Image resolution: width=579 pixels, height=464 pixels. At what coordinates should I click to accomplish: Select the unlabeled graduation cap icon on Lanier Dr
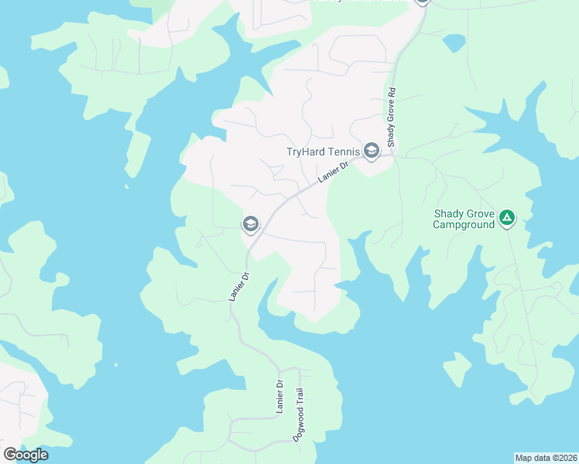tap(250, 225)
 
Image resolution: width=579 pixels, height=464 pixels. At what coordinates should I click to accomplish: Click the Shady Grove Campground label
tap(464, 220)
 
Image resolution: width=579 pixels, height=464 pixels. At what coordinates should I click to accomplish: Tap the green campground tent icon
tap(506, 219)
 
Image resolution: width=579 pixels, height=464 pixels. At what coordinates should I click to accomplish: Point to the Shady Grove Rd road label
tap(392, 118)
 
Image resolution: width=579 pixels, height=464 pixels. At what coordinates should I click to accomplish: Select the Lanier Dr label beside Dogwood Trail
tap(280, 397)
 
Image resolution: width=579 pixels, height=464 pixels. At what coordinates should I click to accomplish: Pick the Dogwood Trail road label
tap(297, 414)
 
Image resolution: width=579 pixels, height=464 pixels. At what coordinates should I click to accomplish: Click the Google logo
tap(26, 454)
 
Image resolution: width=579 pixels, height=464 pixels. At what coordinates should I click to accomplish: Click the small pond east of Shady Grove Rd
tap(454, 42)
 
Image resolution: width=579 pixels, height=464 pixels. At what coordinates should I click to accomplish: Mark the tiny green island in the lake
tap(457, 368)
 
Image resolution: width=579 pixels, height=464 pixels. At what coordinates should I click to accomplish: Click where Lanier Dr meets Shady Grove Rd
tap(392, 155)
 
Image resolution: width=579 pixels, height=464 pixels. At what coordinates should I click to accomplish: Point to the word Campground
tap(464, 225)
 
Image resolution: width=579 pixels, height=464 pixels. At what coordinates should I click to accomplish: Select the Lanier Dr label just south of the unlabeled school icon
tap(236, 285)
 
